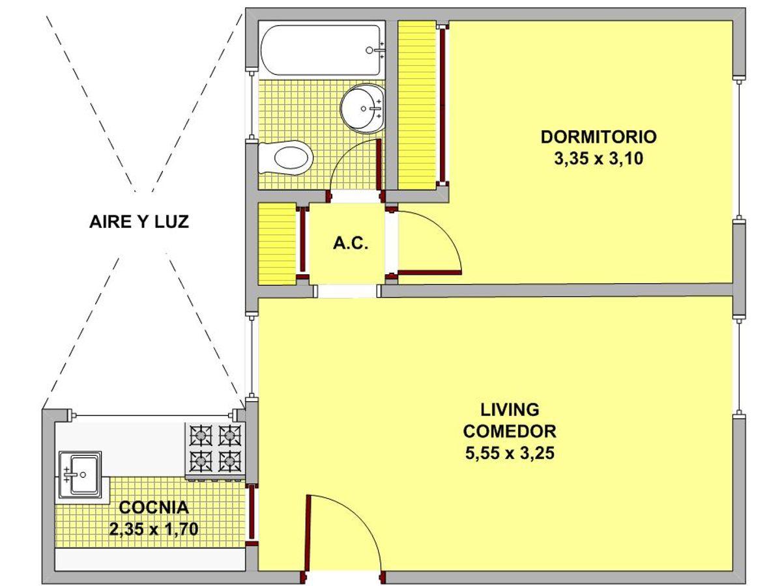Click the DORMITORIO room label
[598, 137]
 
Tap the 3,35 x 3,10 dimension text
[598, 159]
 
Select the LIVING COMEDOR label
[510, 421]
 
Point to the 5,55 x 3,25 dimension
[510, 453]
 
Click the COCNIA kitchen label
[154, 507]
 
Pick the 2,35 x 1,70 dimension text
[154, 529]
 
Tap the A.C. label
[351, 244]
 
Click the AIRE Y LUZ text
[139, 221]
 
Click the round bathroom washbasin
[363, 108]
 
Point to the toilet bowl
[285, 158]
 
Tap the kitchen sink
[80, 475]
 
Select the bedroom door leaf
[429, 273]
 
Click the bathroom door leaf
[379, 164]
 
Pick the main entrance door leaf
[308, 534]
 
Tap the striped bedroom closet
[417, 105]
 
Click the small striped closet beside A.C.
[277, 244]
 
